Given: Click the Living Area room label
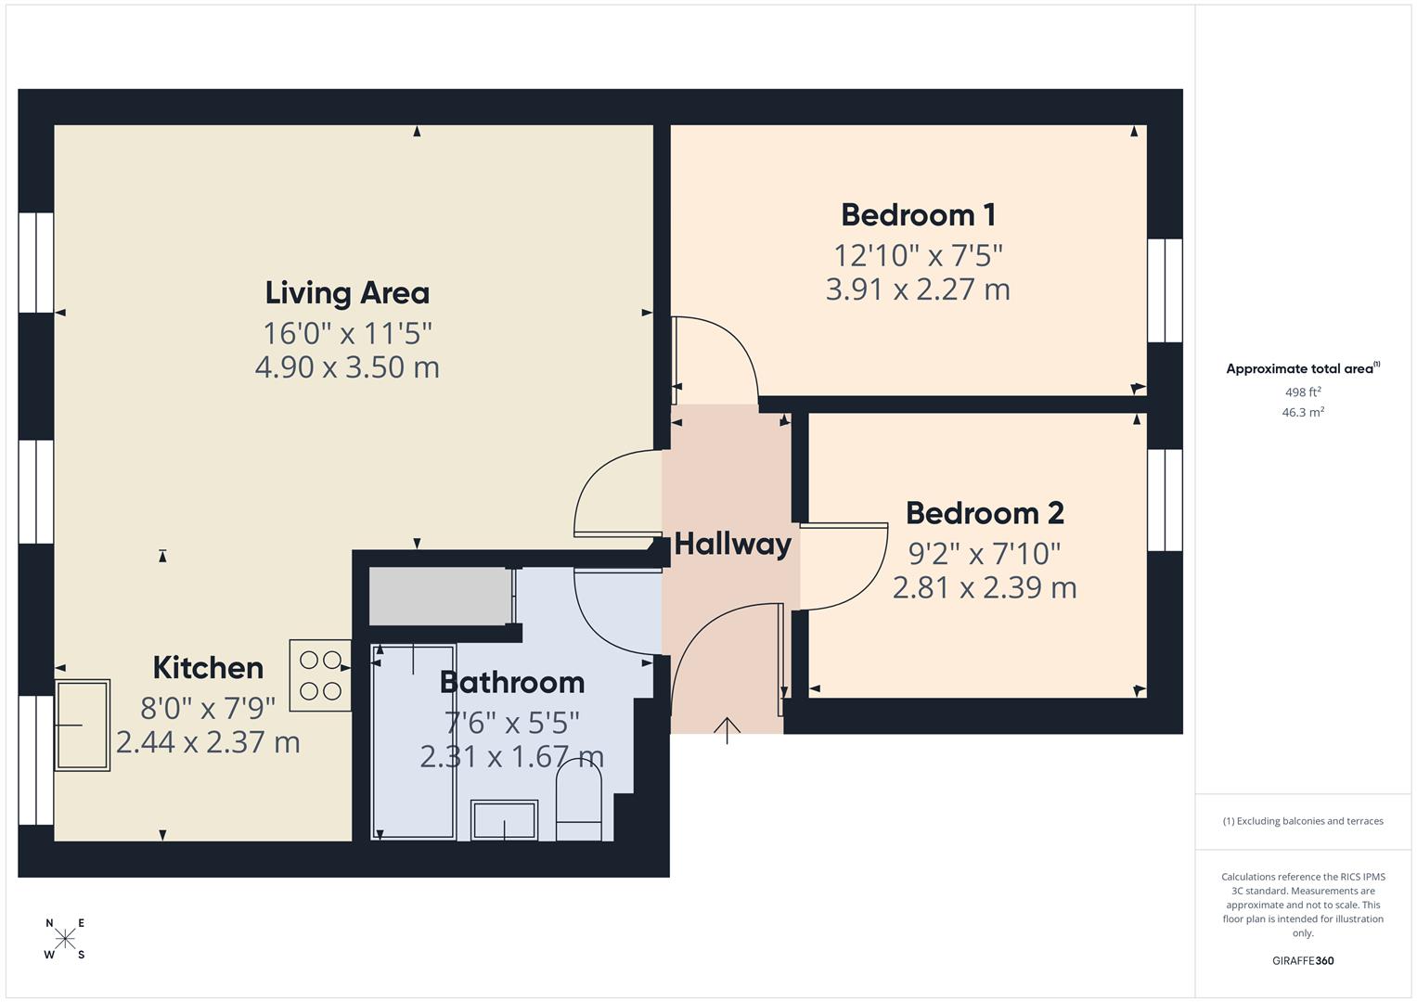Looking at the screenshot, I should click(x=347, y=293).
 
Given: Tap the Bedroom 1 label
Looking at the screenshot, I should click(x=918, y=215).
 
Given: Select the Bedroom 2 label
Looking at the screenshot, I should click(x=984, y=513).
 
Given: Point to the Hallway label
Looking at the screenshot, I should click(x=732, y=544).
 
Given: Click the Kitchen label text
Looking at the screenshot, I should click(x=208, y=668).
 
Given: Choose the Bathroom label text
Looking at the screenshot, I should click(x=511, y=683).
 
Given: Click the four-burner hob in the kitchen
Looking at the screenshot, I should click(x=320, y=675).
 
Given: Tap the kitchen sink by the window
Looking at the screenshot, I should click(x=83, y=726).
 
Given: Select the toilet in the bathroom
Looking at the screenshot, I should click(x=579, y=806).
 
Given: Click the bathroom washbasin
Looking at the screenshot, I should click(x=504, y=820).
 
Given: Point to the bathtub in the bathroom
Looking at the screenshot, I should click(x=414, y=742).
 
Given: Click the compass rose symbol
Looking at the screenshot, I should click(x=65, y=939).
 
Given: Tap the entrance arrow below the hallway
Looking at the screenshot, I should click(x=727, y=730).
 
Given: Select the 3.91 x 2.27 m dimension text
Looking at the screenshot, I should click(x=918, y=289).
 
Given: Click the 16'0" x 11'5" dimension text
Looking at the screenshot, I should click(x=347, y=332).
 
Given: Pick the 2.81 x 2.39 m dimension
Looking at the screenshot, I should click(x=984, y=588).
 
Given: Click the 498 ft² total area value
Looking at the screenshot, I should click(x=1303, y=392).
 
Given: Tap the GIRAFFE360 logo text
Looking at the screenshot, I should click(x=1303, y=961).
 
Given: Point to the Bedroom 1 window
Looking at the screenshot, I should click(x=1165, y=290).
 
